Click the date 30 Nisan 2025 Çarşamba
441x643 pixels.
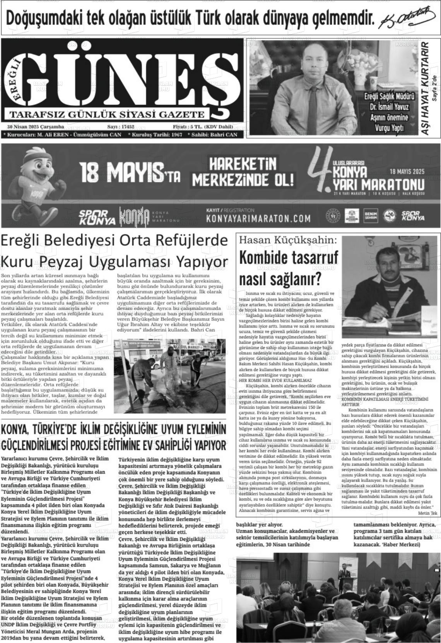(35, 127)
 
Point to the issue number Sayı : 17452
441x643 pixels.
(120, 127)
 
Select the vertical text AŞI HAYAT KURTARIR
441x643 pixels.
(425, 88)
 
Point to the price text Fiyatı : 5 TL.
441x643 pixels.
(187, 127)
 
